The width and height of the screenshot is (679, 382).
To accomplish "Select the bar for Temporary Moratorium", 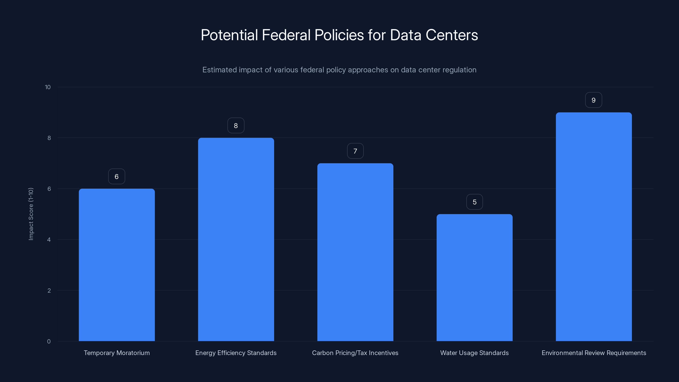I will [116, 265].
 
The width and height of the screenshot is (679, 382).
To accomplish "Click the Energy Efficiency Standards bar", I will [236, 239].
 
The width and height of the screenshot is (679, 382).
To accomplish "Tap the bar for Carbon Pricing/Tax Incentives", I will [355, 252].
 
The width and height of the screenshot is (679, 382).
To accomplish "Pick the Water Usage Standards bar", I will [474, 277].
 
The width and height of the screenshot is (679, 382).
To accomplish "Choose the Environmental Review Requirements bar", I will [594, 227].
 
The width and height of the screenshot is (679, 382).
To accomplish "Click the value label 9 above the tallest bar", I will [593, 100].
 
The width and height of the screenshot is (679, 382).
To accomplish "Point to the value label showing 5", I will [474, 202].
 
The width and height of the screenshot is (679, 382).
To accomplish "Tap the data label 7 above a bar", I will [355, 151].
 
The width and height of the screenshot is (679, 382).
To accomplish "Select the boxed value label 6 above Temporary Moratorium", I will [116, 177].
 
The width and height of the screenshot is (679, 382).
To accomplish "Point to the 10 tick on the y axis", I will [48, 87].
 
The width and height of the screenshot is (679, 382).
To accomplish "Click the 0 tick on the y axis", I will [49, 341].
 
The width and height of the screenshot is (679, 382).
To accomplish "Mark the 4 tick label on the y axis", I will [49, 240].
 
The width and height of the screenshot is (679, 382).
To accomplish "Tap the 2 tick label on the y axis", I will [49, 291].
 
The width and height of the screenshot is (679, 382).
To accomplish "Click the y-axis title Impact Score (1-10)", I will [31, 214].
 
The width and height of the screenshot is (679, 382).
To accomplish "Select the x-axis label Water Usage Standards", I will [474, 353].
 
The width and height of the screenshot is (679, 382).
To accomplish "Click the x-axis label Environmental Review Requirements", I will [594, 353].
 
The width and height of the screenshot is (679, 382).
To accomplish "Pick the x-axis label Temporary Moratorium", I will [116, 353].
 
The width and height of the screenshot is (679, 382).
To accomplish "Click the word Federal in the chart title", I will [286, 35].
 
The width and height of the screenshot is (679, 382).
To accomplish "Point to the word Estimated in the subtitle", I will [219, 70].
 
